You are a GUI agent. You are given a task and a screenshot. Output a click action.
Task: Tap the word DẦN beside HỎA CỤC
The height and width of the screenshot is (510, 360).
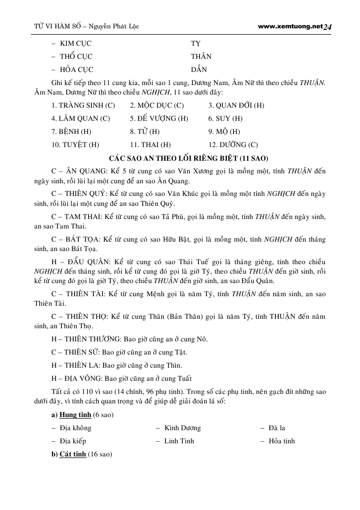[199, 69]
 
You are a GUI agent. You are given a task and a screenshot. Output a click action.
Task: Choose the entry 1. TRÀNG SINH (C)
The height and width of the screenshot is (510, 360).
[83, 106]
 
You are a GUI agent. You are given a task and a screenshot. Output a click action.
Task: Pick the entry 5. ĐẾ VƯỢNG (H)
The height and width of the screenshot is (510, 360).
[159, 119]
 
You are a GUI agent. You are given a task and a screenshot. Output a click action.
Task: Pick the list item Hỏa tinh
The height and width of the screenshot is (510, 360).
[281, 441]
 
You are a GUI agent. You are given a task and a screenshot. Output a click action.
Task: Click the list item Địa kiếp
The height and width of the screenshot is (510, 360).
[73, 441]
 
